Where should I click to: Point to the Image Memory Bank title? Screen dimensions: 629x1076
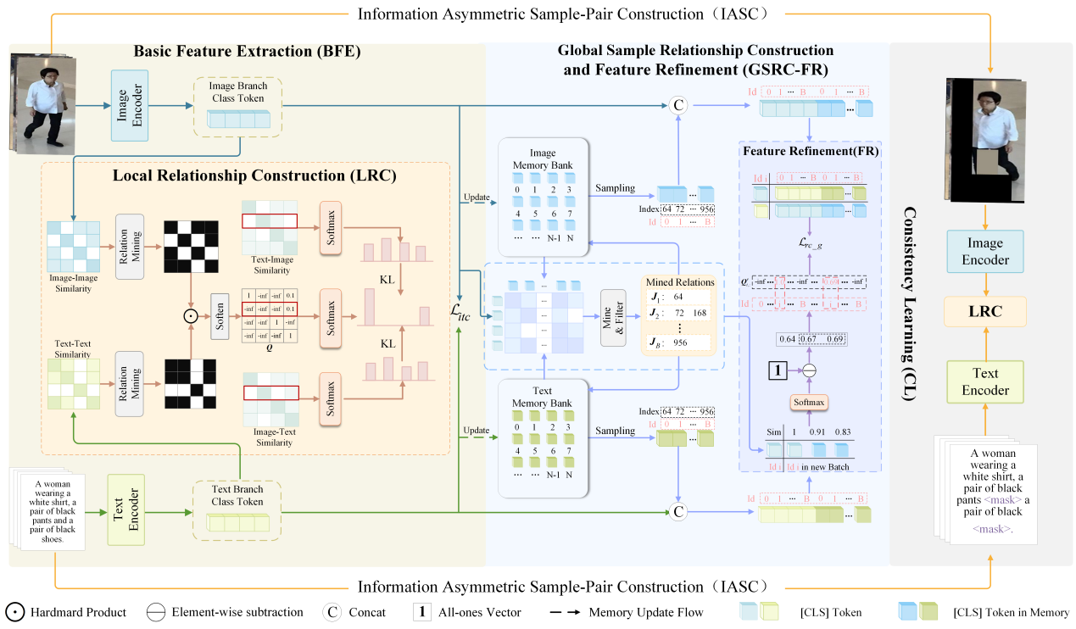click(x=544, y=159)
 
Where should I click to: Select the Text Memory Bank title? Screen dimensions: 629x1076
click(x=544, y=398)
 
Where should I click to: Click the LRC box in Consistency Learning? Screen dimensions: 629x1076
click(x=984, y=311)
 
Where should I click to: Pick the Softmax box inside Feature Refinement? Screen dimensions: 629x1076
click(x=808, y=402)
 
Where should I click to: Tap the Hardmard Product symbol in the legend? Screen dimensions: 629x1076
click(x=14, y=612)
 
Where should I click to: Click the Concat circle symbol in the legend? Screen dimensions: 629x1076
click(x=332, y=612)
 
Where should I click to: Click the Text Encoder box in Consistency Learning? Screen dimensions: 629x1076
click(x=984, y=381)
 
